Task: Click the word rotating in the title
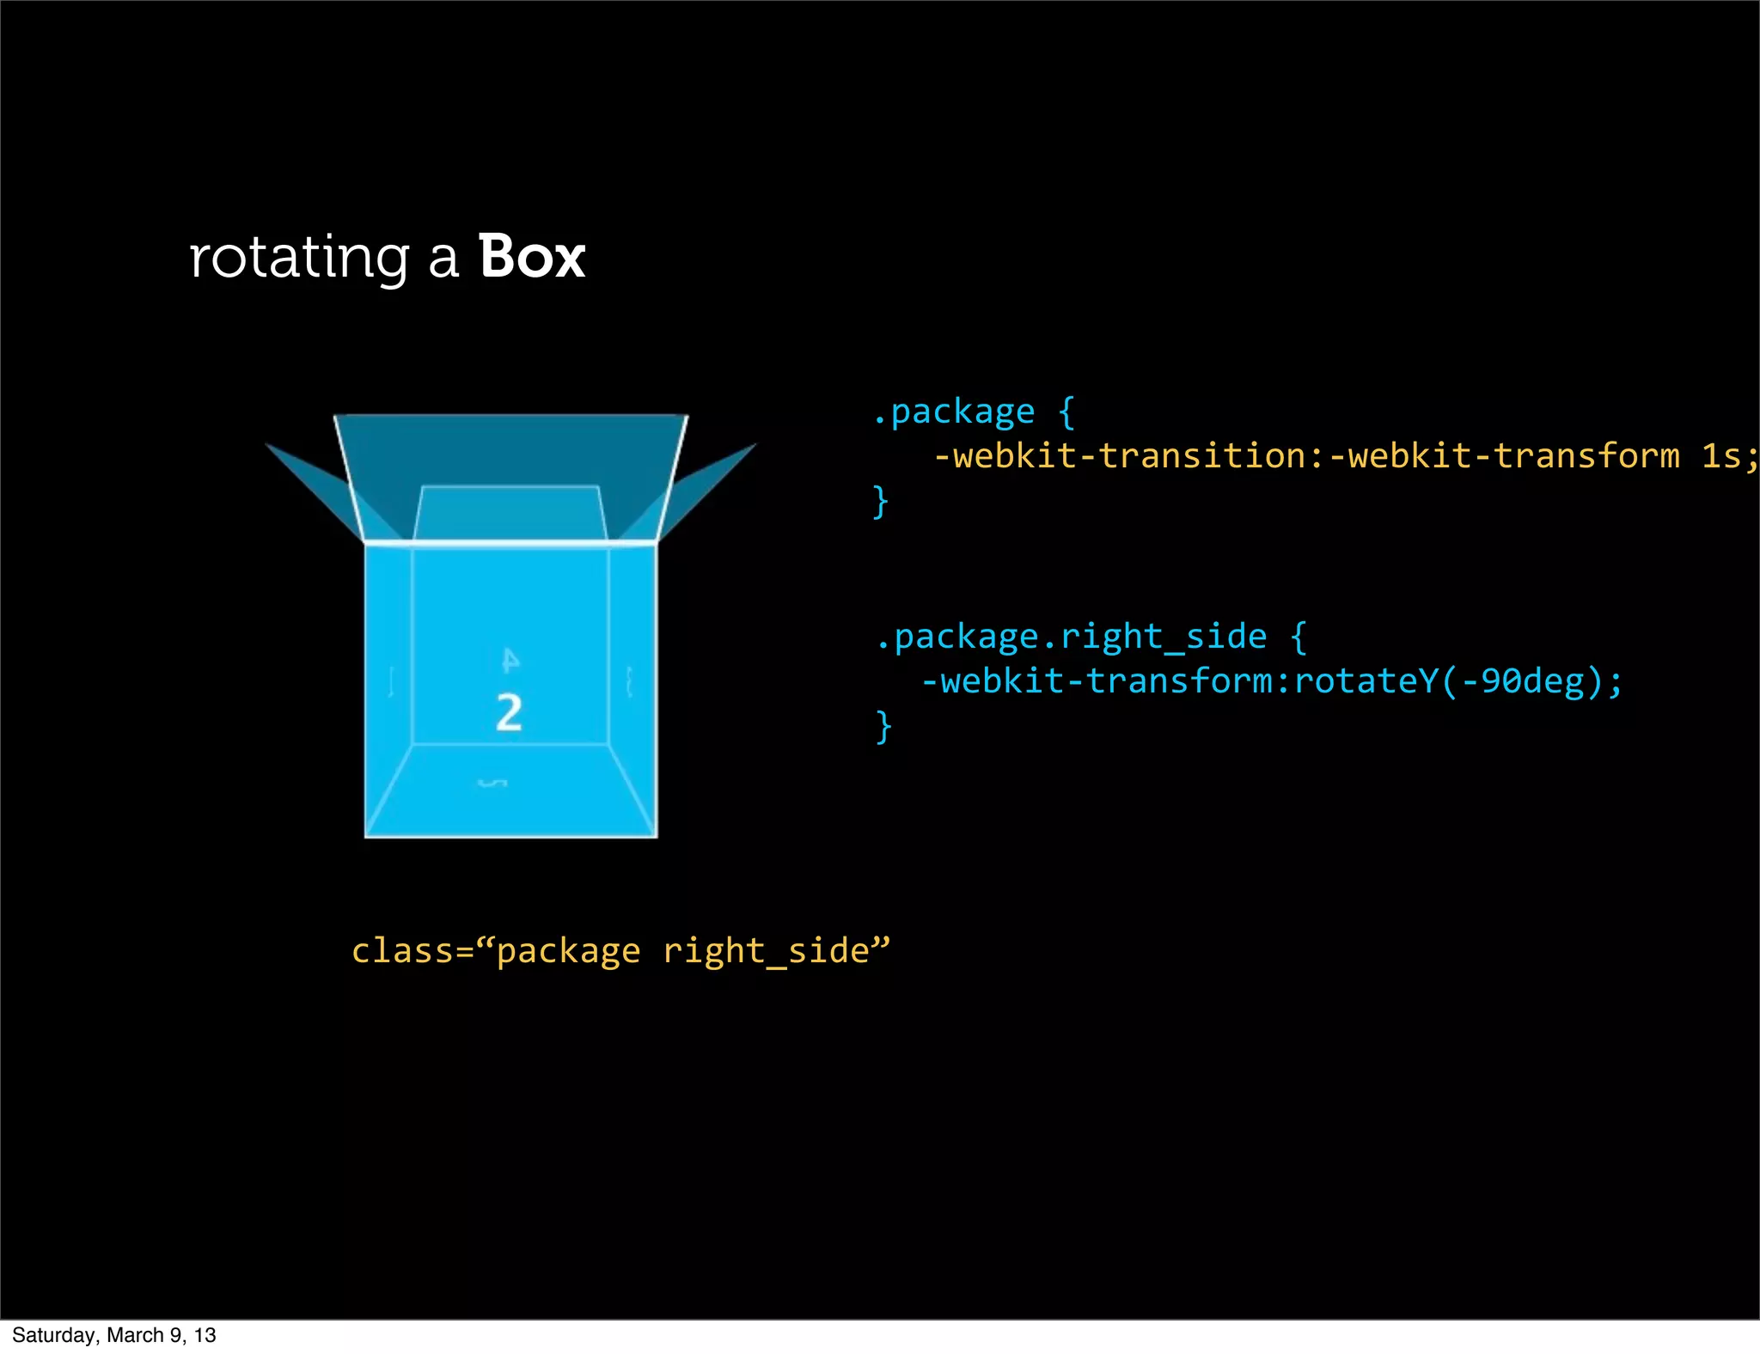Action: (298, 258)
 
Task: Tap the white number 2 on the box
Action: (509, 712)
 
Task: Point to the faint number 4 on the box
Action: (510, 660)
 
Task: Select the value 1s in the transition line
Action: (1721, 455)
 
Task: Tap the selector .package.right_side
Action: (1071, 637)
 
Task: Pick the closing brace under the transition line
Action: (880, 501)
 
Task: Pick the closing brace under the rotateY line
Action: (883, 726)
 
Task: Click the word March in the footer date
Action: (135, 1335)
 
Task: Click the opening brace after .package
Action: (1066, 412)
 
